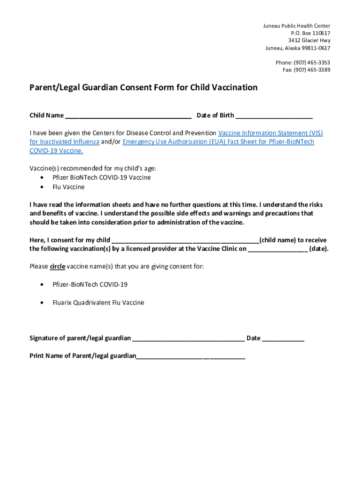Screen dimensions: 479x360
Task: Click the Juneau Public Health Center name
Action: pos(296,26)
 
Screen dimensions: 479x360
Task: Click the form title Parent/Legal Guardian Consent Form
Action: pos(143,87)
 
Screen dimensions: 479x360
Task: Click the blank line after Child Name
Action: pos(128,116)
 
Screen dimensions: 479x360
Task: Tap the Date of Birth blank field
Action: pos(274,116)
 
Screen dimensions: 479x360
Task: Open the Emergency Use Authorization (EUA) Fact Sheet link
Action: pos(218,141)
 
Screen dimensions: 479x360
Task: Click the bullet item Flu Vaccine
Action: pos(68,187)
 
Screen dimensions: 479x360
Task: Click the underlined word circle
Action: pos(57,267)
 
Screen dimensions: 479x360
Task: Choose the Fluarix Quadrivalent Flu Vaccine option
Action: pos(98,303)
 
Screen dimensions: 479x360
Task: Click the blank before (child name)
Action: pos(185,241)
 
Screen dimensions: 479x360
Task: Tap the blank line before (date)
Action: pos(277,249)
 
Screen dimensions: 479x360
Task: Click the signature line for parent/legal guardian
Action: pos(188,339)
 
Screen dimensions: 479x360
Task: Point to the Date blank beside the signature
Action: pos(283,339)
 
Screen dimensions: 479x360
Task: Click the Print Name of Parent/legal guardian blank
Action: pos(190,356)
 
